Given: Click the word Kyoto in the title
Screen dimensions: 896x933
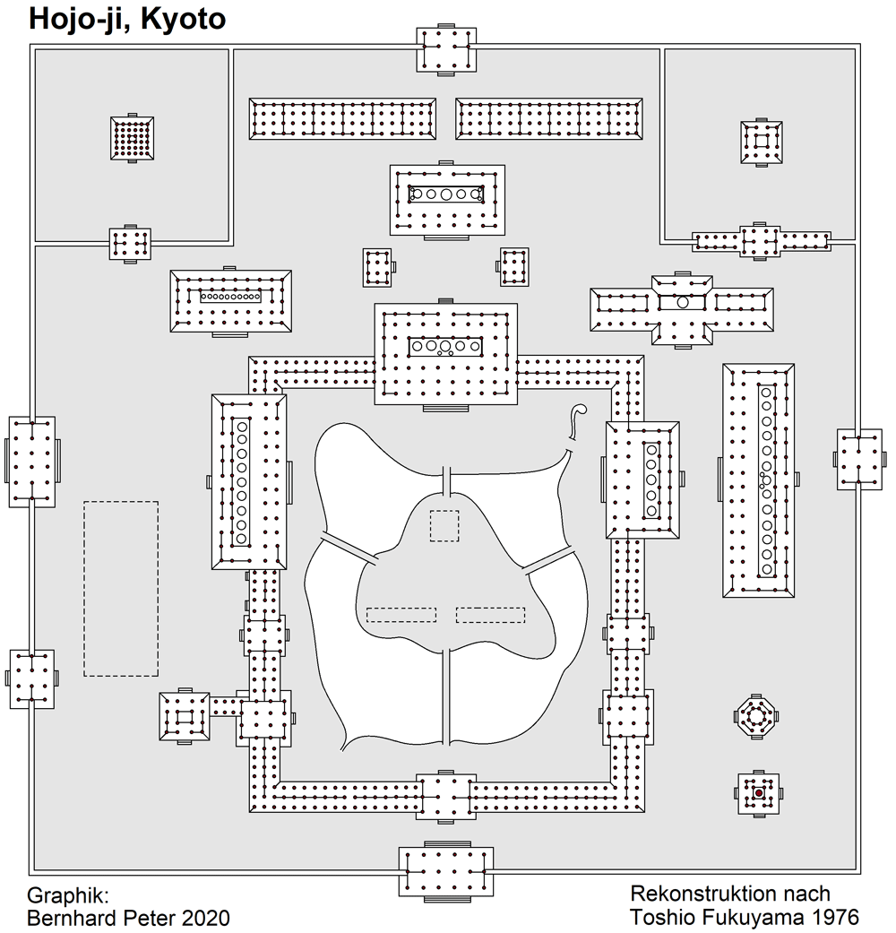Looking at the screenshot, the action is point(184,19).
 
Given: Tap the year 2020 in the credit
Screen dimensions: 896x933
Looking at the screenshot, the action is point(206,918).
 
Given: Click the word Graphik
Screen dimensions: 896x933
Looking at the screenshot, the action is point(68,896).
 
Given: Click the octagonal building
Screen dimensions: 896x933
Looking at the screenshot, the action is point(756,716).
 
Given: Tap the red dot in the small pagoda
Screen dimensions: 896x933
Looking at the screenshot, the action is point(759,793).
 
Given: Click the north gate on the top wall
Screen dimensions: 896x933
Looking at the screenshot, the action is point(446,49).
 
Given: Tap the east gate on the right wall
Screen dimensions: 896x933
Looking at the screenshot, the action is point(859,459).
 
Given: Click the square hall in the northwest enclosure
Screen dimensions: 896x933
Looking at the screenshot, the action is point(132,138).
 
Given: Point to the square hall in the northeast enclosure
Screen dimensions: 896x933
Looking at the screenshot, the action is point(761,143).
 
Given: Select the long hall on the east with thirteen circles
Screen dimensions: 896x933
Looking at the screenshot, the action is point(759,480).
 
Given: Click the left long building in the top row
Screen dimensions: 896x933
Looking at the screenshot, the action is point(342,119).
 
